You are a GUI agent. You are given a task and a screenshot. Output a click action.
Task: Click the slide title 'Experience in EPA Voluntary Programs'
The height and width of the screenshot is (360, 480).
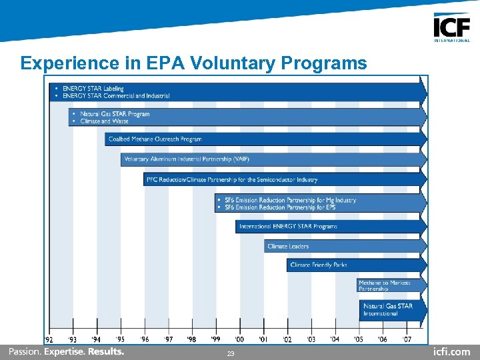pos(193,63)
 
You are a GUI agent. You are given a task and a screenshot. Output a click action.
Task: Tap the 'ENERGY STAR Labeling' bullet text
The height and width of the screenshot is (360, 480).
pos(93,89)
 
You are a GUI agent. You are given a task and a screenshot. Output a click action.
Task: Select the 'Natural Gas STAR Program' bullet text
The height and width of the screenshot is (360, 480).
pos(114,114)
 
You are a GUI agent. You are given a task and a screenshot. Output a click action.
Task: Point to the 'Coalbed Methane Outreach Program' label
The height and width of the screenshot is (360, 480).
pos(155,139)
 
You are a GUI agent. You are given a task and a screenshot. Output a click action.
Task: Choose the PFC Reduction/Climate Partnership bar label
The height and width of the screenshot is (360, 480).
pos(232,179)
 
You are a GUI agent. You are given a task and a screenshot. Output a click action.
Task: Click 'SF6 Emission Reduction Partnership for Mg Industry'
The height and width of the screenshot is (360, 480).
pos(290,200)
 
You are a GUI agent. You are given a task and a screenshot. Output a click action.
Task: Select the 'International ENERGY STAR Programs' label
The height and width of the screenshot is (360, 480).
pos(288,227)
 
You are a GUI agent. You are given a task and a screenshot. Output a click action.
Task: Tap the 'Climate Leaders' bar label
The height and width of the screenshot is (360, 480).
pos(288,247)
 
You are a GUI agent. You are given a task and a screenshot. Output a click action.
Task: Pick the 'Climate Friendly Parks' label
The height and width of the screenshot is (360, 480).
pos(319,265)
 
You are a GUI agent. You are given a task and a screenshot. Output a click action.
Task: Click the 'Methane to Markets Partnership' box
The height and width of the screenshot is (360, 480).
pos(384,286)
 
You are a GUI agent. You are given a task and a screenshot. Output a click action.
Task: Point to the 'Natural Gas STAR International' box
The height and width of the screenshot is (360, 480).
pos(388,310)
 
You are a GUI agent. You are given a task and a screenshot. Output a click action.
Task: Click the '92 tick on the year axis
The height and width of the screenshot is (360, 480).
pos(49,339)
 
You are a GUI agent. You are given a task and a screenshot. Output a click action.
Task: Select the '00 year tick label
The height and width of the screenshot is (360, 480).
pos(239,339)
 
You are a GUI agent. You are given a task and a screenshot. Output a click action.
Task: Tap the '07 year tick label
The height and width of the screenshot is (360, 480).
pos(406,339)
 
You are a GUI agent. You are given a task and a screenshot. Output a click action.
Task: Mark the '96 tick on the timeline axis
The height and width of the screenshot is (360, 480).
pos(145,339)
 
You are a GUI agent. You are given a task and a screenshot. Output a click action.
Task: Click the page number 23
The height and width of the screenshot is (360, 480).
pos(231,354)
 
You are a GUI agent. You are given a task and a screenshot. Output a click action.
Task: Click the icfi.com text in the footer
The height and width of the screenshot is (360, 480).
pos(451,352)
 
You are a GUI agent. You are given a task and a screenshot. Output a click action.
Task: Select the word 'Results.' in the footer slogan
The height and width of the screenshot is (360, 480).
pos(106,351)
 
